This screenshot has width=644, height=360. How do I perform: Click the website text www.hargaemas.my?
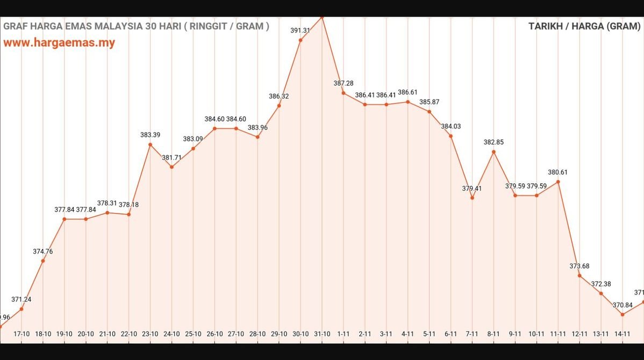[59, 43]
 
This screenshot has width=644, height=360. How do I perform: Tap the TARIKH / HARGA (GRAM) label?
[584, 26]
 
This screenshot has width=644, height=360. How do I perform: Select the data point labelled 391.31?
[300, 40]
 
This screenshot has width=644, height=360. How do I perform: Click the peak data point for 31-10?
[322, 17]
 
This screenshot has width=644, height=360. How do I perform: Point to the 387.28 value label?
[344, 83]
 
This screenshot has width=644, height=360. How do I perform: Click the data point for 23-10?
[150, 145]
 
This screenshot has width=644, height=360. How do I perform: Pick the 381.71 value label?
[172, 157]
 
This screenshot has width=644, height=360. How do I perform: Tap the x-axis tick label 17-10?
[22, 334]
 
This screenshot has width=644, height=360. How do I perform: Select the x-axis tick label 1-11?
[344, 334]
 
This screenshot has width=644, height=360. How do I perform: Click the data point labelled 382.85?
[493, 152]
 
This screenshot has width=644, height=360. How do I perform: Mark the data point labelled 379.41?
[472, 198]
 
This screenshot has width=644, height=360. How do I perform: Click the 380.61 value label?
[557, 172]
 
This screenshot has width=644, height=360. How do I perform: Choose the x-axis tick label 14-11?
[622, 334]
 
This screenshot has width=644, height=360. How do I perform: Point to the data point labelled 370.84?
[622, 314]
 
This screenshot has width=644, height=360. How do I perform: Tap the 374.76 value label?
[43, 251]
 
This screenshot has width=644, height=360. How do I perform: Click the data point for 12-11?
[579, 276]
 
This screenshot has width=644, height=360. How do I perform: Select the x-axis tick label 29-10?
[279, 334]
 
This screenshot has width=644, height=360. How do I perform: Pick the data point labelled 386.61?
[407, 102]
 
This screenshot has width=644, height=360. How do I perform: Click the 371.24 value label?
[22, 299]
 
